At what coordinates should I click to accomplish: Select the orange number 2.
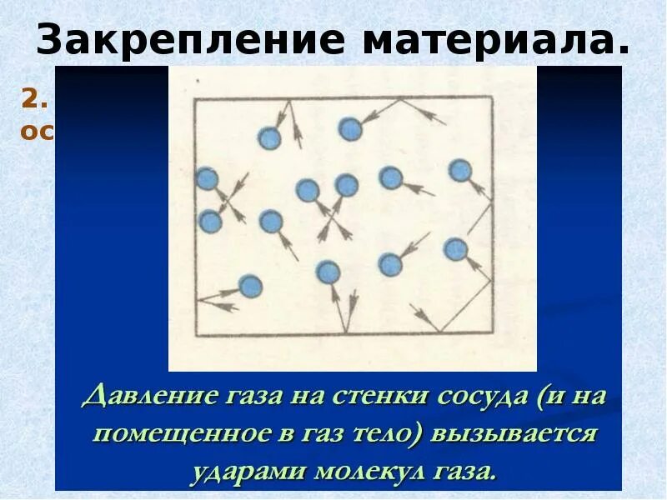point(31,99)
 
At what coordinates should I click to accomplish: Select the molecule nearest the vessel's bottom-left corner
point(249,287)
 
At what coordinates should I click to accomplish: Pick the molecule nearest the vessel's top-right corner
point(459,171)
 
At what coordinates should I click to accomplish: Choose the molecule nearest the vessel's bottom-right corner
point(455,248)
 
